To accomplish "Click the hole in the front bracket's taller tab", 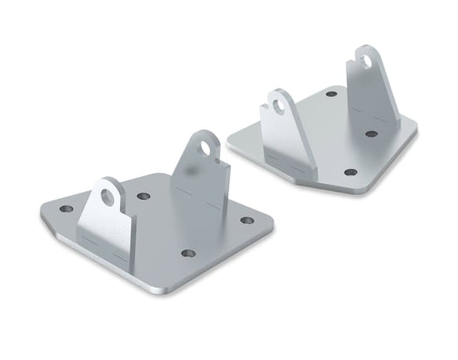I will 205,147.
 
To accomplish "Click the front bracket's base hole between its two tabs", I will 143,196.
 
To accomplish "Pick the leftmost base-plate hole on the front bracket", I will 66,209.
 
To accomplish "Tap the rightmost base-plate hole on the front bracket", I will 247,220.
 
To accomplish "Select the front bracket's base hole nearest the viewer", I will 188,253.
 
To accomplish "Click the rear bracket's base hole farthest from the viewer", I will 331,94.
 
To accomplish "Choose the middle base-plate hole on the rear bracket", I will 371,133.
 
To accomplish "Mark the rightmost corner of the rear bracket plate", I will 416,124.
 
